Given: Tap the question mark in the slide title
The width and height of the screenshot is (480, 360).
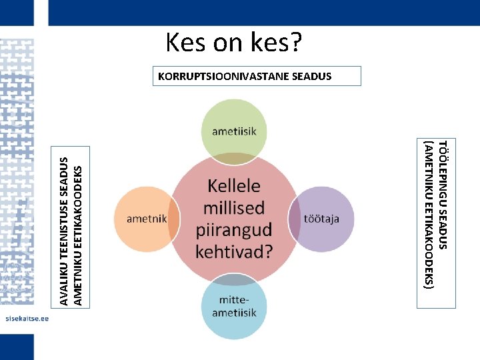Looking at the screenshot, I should point(295,43).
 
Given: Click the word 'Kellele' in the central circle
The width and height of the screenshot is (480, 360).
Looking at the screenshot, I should point(234,185).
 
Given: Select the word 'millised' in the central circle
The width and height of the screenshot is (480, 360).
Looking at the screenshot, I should point(234,207).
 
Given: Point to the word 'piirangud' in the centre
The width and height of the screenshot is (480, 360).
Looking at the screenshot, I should point(234,229).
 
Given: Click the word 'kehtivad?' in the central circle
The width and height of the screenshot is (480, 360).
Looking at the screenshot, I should point(234,251).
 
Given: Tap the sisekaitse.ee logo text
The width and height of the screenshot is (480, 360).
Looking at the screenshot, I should point(27,319).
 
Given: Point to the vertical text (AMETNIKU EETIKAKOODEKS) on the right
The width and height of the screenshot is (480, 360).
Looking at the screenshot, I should point(429,213).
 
